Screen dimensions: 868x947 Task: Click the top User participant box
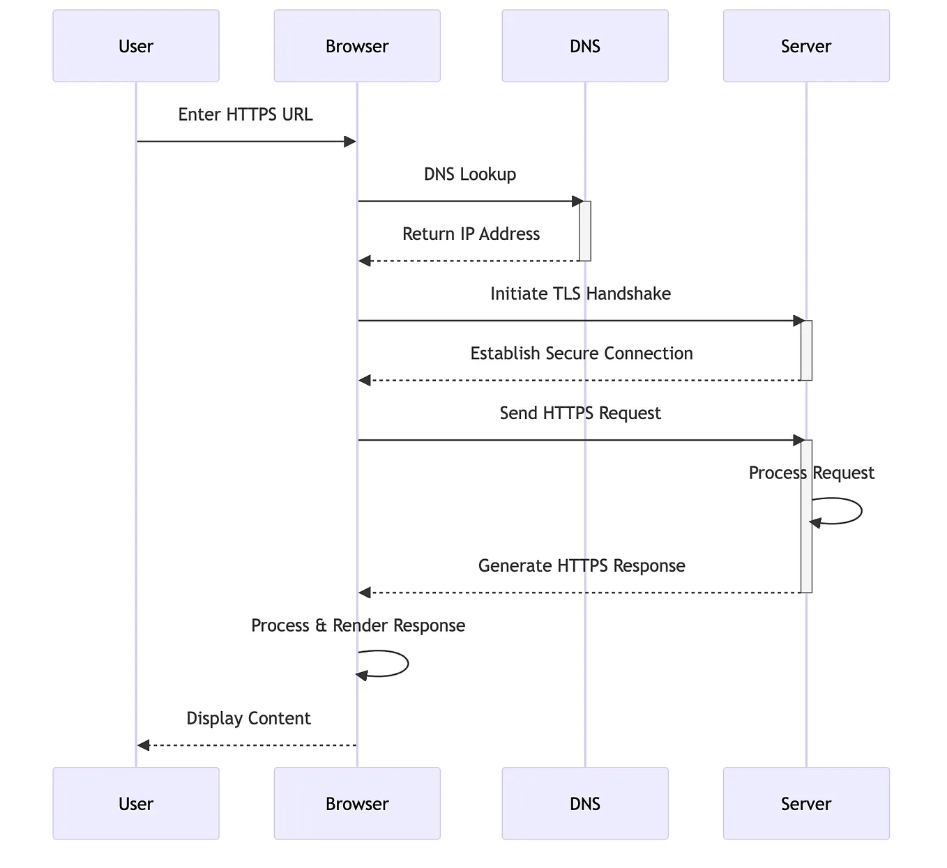tap(136, 46)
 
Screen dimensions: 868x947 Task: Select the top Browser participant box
tap(357, 46)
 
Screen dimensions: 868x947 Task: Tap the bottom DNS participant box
tap(584, 803)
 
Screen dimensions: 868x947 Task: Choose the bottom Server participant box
tap(805, 803)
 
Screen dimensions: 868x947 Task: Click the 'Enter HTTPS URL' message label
tap(245, 114)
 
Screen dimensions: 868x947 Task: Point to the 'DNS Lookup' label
tap(470, 174)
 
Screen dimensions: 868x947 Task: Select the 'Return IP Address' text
tap(471, 234)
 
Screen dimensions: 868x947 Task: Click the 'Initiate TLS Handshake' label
tap(580, 294)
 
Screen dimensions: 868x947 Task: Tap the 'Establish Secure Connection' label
tap(581, 353)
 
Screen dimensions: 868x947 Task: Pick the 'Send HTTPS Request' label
tap(580, 413)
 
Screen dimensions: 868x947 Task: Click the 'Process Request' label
tap(811, 473)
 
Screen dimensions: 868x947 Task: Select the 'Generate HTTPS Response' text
tap(582, 565)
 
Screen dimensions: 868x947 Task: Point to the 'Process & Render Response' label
tap(358, 625)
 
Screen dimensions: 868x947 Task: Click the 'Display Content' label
tap(248, 718)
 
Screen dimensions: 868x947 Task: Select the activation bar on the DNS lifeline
tap(585, 231)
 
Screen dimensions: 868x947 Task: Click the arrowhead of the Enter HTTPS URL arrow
tap(351, 142)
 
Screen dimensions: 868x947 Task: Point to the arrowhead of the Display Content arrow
tap(144, 745)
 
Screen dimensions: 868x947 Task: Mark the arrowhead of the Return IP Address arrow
tap(365, 261)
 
